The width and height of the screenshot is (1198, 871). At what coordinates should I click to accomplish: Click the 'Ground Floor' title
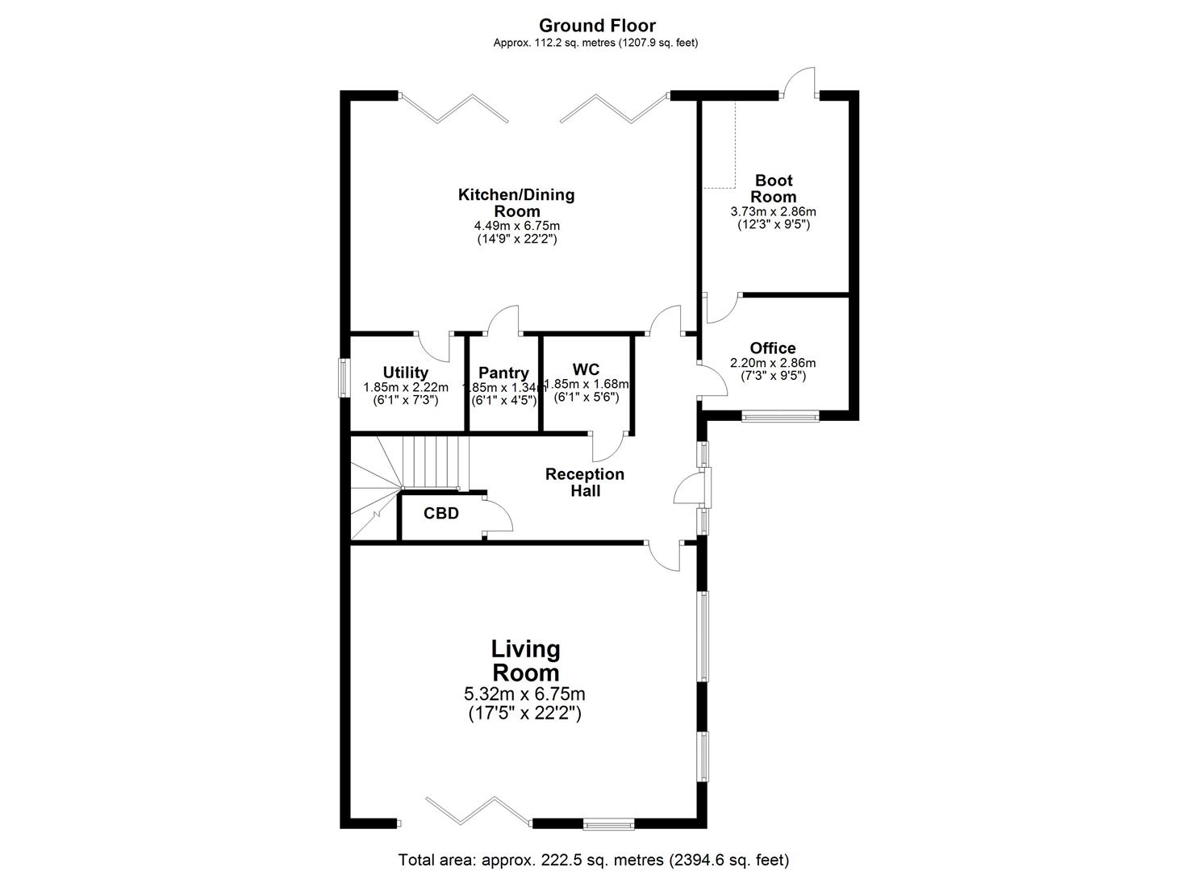(597, 26)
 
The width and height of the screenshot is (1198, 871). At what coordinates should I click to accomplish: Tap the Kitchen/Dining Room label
(516, 202)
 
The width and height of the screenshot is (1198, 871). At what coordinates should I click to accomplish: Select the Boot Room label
(773, 188)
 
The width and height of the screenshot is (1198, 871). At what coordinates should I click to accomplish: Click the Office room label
(773, 348)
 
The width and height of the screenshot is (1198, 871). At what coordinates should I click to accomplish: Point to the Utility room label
(405, 373)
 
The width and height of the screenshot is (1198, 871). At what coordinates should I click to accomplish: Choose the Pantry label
(503, 373)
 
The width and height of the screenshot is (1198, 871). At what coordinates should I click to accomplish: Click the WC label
(586, 370)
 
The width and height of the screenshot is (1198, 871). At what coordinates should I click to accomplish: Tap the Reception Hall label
(585, 481)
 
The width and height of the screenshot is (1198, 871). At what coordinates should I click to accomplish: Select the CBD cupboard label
(441, 513)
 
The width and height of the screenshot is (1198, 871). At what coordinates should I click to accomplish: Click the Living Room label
(526, 661)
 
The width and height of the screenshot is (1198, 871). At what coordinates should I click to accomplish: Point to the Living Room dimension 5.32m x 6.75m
(524, 694)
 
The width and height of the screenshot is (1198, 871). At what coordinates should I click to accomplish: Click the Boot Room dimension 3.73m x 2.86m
(773, 212)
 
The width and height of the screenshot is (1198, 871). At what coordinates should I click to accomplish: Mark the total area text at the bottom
(594, 860)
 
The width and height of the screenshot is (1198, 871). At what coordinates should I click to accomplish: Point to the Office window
(780, 417)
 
